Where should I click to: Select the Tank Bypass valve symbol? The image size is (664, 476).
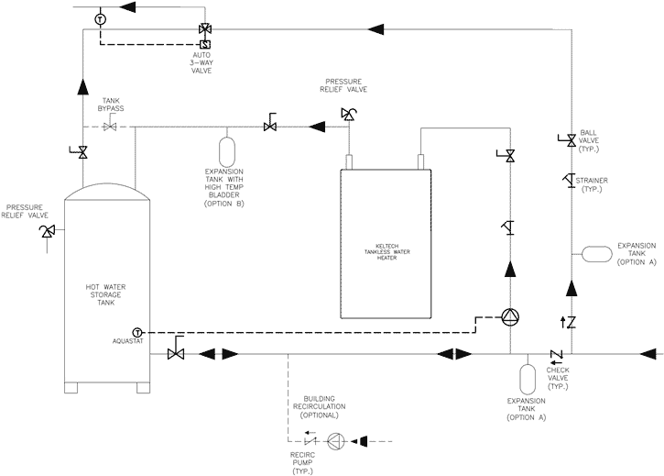[x=109, y=127]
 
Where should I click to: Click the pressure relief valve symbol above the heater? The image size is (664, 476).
[x=348, y=115]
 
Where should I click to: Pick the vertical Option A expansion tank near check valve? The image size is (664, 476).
[x=528, y=377]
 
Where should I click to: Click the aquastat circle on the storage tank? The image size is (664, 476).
[x=137, y=330]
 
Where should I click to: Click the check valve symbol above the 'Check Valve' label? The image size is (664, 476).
[x=555, y=354]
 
